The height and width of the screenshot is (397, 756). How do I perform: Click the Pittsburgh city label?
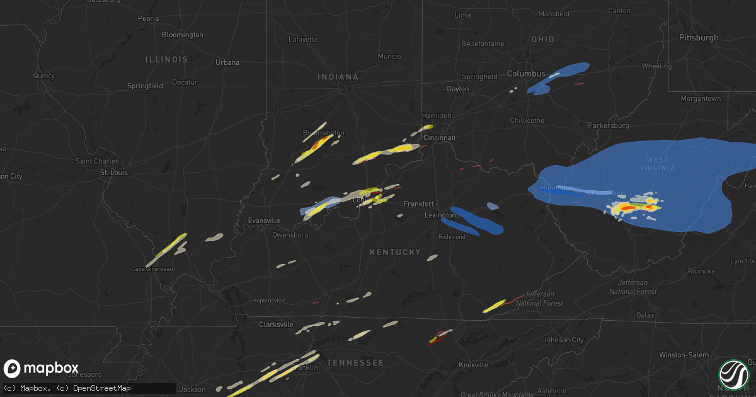click(x=698, y=38)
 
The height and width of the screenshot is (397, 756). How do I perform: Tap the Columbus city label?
click(x=526, y=74)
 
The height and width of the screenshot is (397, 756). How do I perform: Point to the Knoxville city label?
click(x=472, y=365)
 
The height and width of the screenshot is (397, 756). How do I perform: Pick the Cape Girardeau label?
click(x=151, y=268)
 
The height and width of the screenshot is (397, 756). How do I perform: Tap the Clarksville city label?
click(x=276, y=325)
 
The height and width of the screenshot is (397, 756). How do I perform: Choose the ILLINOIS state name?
click(x=166, y=59)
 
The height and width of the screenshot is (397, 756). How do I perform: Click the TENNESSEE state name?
click(x=355, y=363)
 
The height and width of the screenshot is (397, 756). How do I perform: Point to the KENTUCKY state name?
click(x=395, y=252)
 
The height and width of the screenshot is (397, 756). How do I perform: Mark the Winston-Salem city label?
click(x=683, y=355)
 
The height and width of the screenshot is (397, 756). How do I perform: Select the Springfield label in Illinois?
click(x=145, y=86)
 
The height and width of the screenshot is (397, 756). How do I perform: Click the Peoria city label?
click(x=148, y=19)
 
